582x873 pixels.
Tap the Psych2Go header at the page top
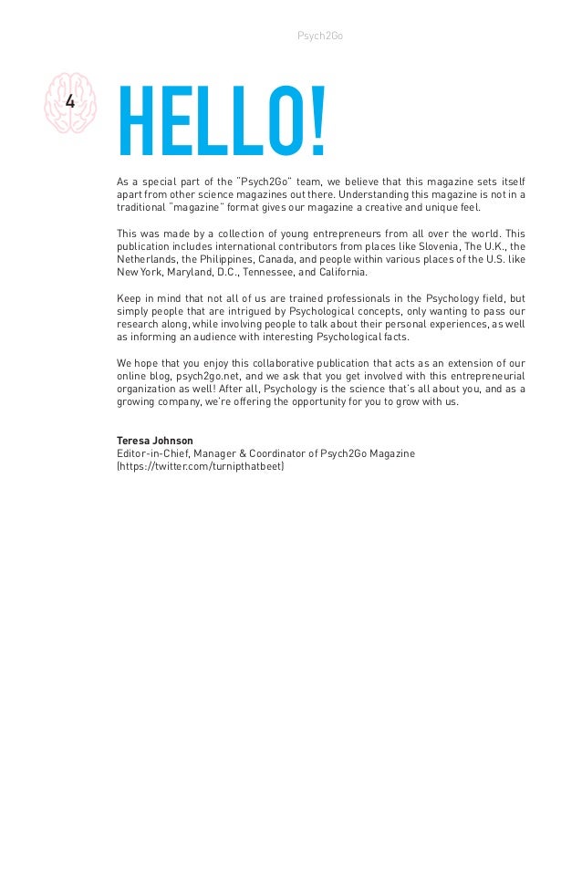pyautogui.click(x=320, y=36)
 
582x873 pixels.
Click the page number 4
pyautogui.click(x=70, y=101)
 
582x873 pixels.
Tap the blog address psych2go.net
pyautogui.click(x=193, y=377)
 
